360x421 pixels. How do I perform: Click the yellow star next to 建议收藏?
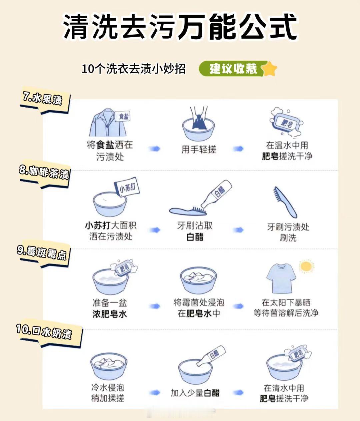click(269, 69)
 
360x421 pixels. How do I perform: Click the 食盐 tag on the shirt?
click(123, 117)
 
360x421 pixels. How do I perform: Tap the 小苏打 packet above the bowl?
click(128, 188)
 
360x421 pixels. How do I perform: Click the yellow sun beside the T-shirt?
click(306, 266)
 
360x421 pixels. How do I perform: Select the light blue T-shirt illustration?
click(281, 278)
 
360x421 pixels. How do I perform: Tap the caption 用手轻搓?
click(199, 149)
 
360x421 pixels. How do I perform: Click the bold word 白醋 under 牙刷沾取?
click(195, 237)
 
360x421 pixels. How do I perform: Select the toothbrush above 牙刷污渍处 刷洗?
click(285, 202)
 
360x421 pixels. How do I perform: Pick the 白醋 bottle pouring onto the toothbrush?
click(216, 194)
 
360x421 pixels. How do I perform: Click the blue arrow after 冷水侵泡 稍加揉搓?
click(155, 392)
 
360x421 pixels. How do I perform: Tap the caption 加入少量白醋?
click(195, 393)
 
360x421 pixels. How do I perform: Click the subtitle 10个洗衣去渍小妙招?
click(134, 69)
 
